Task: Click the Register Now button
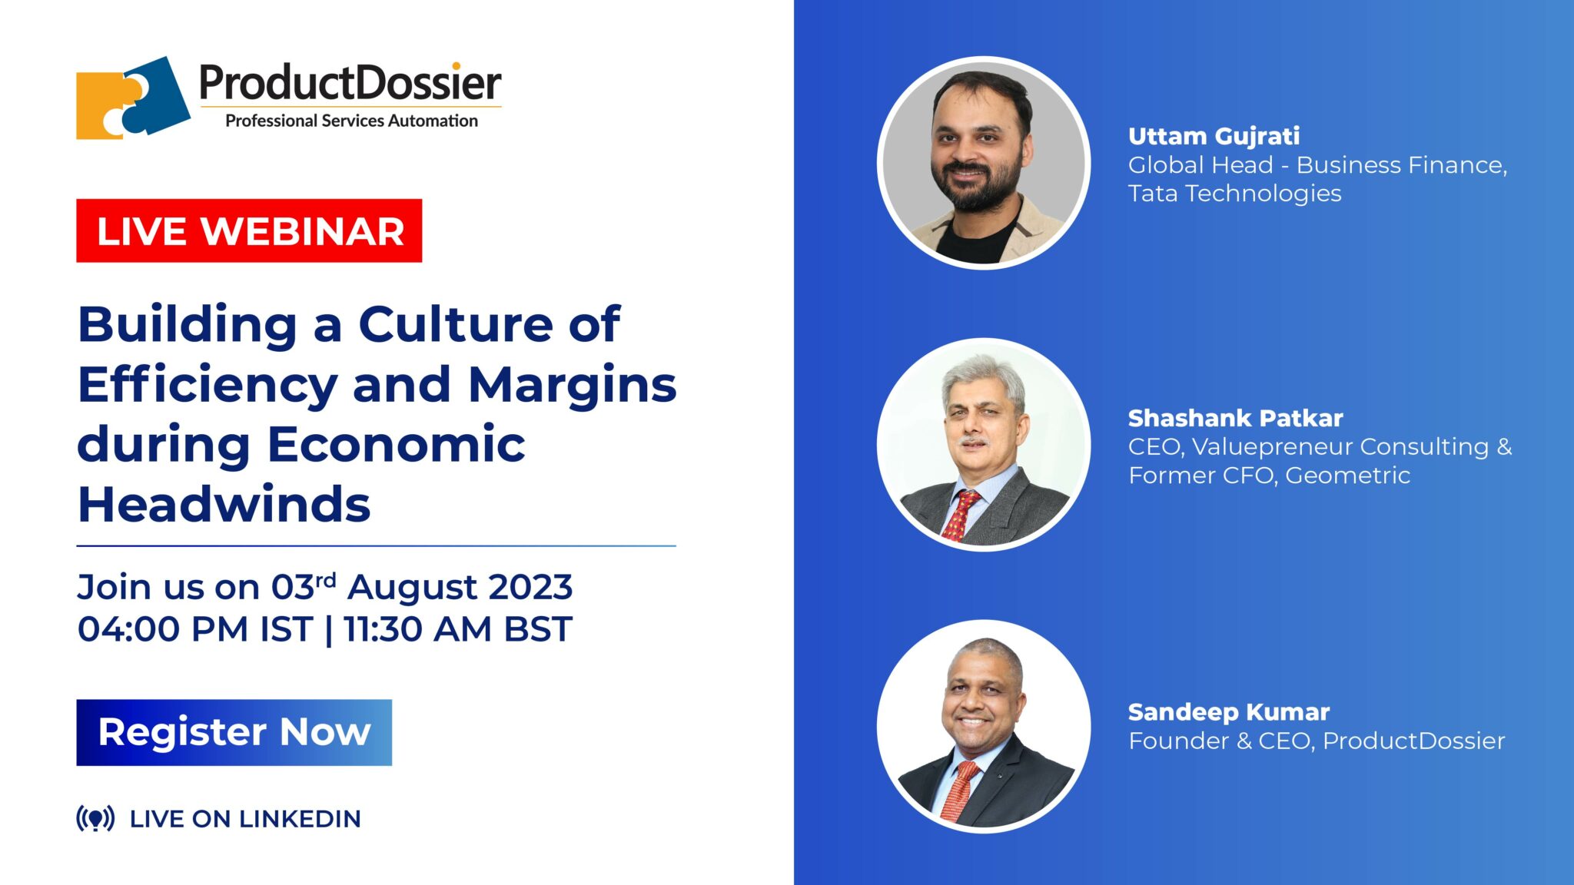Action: click(x=234, y=732)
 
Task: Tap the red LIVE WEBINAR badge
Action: click(x=249, y=230)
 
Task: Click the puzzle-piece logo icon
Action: click(x=132, y=98)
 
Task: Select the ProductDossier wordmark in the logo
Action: click(x=350, y=83)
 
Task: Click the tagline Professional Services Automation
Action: click(x=351, y=121)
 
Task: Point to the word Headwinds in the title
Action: click(x=224, y=505)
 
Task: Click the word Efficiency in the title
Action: click(x=208, y=384)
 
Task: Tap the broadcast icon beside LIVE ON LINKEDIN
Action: click(x=95, y=818)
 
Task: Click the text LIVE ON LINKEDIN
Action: click(x=245, y=819)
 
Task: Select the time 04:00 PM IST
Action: click(x=194, y=629)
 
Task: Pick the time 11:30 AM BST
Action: click(x=457, y=629)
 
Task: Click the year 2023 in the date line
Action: click(x=530, y=588)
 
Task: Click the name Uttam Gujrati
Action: click(x=1214, y=136)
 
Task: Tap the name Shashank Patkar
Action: click(x=1235, y=418)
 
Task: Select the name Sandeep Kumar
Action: click(x=1228, y=712)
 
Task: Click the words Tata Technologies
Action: click(x=1234, y=194)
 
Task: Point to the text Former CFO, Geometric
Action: click(x=1269, y=476)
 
